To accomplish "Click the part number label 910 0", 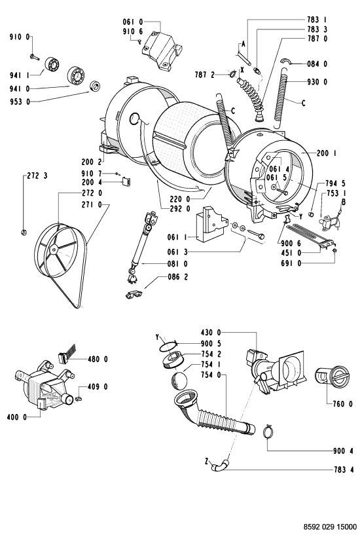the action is (19, 37).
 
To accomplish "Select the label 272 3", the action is (37, 176).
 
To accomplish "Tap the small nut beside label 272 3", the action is (24, 232).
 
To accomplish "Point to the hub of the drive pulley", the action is (53, 250).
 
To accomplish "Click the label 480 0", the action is (98, 359).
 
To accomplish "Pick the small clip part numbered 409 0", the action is (79, 398).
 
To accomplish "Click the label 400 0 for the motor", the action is (16, 417).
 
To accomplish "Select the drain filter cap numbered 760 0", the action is (332, 377).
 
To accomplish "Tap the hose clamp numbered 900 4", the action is (270, 432).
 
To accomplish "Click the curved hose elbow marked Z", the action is (219, 466).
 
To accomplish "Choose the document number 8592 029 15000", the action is (330, 527).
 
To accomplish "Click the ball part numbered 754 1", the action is (179, 381).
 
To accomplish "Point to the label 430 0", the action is (211, 333).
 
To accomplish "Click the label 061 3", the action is (177, 252).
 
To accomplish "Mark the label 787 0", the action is (317, 39).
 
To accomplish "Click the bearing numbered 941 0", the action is (77, 75).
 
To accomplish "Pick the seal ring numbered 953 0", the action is (94, 86).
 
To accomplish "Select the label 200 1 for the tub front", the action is (327, 153).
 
